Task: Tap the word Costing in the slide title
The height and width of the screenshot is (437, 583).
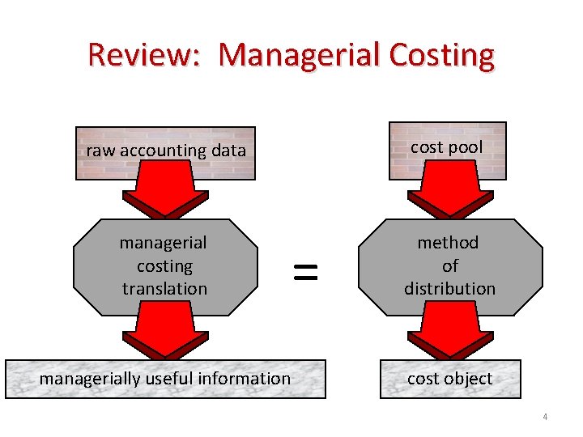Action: (x=440, y=55)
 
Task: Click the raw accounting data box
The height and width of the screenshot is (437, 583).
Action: (x=166, y=151)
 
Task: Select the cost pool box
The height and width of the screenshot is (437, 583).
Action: (x=447, y=149)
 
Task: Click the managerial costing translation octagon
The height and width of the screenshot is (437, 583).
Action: (x=164, y=265)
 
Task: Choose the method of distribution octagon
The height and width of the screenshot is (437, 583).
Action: (x=449, y=265)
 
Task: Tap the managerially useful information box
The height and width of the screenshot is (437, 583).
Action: (x=165, y=379)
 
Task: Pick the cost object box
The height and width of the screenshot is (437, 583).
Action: (x=449, y=379)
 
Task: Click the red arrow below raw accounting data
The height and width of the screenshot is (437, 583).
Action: (x=165, y=195)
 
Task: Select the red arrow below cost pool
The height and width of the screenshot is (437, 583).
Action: (x=449, y=195)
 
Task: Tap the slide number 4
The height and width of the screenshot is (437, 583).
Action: (x=545, y=418)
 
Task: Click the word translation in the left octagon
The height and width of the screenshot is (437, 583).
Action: (x=164, y=289)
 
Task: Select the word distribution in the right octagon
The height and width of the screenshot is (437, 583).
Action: (x=449, y=289)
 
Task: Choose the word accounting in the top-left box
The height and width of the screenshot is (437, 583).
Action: (x=164, y=151)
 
